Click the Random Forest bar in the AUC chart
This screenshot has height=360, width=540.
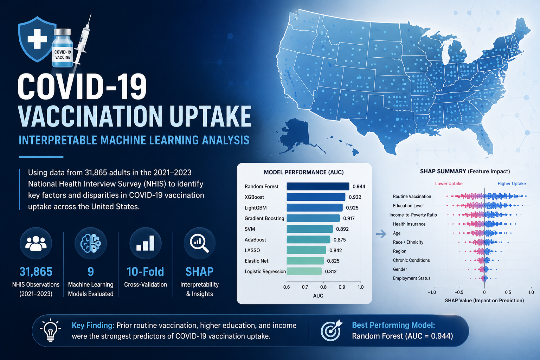(318, 186)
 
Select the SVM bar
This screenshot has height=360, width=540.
(309, 229)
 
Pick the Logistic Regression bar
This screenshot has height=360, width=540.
(304, 271)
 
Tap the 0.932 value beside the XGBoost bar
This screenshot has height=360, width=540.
(355, 197)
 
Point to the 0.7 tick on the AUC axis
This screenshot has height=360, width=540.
(305, 287)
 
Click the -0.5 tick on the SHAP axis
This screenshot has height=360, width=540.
(459, 292)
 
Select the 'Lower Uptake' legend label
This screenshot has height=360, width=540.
(449, 184)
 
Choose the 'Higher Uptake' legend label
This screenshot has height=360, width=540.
(512, 184)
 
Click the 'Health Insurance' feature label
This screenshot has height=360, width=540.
(409, 224)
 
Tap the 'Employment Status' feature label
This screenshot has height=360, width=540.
(412, 278)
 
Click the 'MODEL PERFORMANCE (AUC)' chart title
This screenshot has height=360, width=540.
(304, 172)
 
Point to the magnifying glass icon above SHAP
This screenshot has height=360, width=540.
(199, 243)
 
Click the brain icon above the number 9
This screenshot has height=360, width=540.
(91, 243)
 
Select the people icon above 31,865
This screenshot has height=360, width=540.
(36, 244)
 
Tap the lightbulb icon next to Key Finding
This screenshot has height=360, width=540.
(50, 330)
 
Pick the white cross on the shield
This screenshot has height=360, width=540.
(37, 39)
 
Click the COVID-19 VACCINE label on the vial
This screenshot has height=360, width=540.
(63, 55)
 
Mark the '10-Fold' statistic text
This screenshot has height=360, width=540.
(145, 271)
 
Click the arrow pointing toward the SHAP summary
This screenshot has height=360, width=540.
(381, 233)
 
